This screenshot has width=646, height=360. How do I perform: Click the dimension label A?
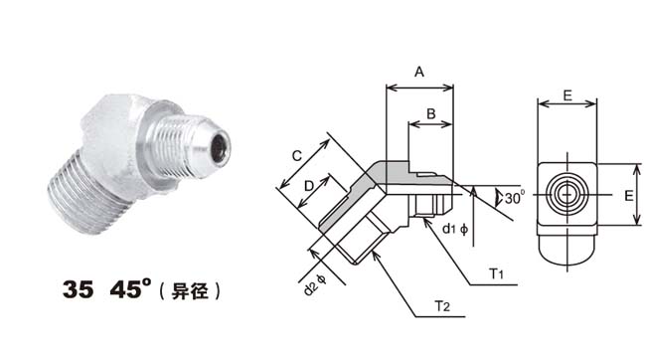tap(419, 73)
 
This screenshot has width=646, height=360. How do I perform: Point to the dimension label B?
tap(431, 113)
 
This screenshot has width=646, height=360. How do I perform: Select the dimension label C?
tap(296, 156)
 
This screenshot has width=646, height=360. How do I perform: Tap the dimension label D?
tap(308, 186)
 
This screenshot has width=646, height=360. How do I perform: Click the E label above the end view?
tap(567, 95)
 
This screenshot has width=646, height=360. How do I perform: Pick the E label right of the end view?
tap(629, 196)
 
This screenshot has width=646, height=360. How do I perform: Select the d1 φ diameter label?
tap(455, 229)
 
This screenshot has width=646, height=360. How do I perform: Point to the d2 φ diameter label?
tap(315, 284)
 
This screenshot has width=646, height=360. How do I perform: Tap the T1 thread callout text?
tap(497, 273)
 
